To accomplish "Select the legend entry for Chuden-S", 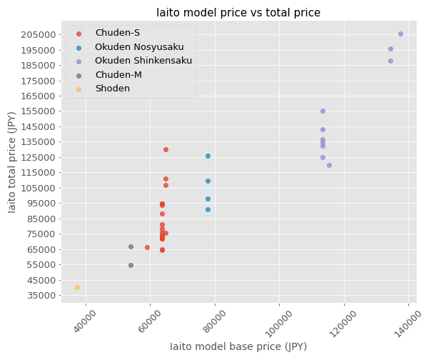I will coord(116,34).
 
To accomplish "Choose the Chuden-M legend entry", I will coord(117,74).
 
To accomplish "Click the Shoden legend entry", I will coord(112,88).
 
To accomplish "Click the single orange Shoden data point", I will coord(77,287).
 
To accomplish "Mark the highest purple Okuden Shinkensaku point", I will coord(400,34).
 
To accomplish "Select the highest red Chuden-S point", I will coord(166,149).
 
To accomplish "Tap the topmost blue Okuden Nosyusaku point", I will coord(208,156).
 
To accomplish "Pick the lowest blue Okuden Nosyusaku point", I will coord(208,209).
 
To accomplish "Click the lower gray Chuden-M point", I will coord(131,265).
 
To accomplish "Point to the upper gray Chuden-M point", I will coord(131,246).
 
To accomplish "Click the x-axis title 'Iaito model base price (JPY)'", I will coord(238,346).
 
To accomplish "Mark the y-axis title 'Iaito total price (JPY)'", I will coord(12,161).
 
